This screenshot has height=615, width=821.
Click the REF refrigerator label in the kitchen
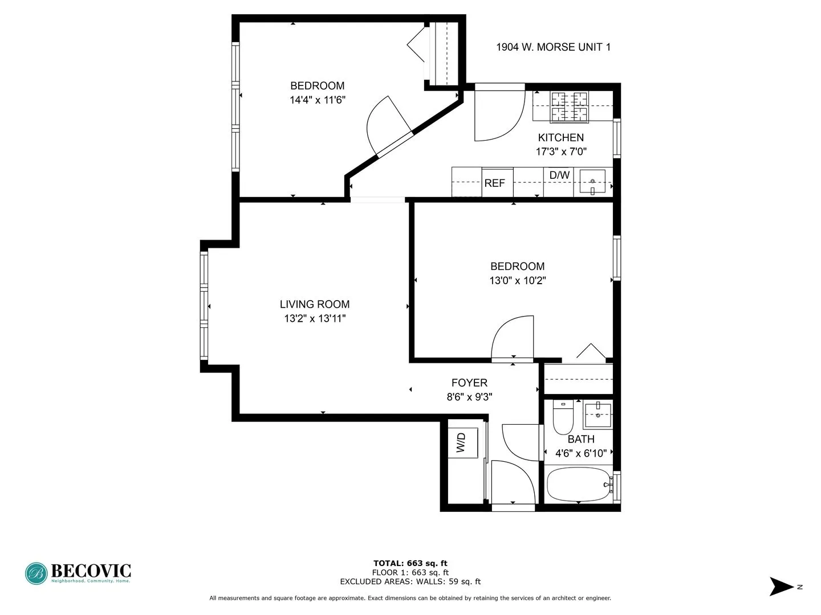click(x=494, y=183)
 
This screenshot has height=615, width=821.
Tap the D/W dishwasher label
click(x=559, y=175)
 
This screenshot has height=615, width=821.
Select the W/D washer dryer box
click(x=462, y=442)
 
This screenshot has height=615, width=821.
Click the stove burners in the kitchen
click(x=568, y=106)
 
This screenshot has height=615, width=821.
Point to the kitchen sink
click(x=593, y=182)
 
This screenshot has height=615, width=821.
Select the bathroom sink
click(x=598, y=415)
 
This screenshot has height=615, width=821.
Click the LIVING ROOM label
click(x=315, y=305)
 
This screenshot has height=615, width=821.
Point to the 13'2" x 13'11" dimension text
click(x=315, y=319)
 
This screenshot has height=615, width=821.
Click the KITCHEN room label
click(x=561, y=138)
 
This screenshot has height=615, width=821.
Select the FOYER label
click(x=469, y=383)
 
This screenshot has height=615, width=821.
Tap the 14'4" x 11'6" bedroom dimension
click(x=318, y=100)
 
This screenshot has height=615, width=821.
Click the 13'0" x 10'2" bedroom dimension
click(x=518, y=281)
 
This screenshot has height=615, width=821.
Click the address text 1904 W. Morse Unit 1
click(x=553, y=47)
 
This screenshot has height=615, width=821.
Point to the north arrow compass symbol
click(x=782, y=587)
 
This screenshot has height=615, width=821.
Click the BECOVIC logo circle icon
click(x=36, y=573)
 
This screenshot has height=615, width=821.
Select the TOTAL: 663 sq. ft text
click(x=410, y=564)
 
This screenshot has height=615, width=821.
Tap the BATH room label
click(x=581, y=440)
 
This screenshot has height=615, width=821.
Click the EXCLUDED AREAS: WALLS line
click(x=410, y=582)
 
